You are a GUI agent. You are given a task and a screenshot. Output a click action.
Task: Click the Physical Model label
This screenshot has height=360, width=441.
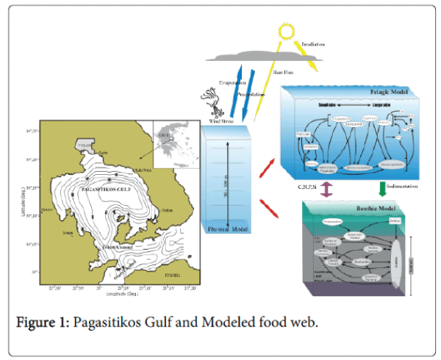pos(228,228)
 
